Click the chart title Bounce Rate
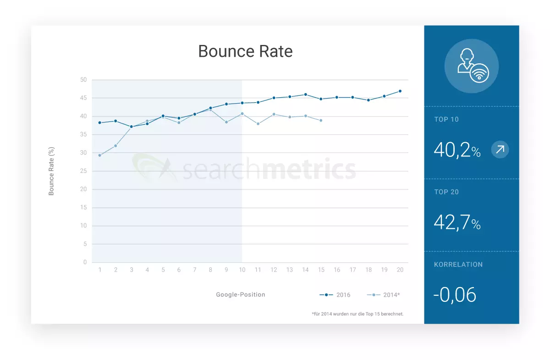245,51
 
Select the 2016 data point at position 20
400,91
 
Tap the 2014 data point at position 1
99,155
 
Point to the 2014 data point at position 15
321,120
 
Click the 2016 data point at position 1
99,122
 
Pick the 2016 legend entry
335,295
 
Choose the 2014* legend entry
383,295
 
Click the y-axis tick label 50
83,80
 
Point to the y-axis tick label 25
83,171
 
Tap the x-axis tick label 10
242,270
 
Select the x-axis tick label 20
400,270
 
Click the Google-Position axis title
241,294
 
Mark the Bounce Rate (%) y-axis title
51,171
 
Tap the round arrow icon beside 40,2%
500,150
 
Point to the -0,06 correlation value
455,295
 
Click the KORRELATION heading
458,265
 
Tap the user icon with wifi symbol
472,66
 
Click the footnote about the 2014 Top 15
357,314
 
